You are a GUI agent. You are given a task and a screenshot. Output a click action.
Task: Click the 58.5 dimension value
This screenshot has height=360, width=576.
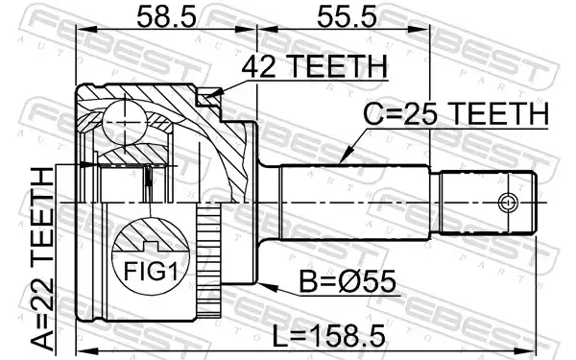(x=166, y=17)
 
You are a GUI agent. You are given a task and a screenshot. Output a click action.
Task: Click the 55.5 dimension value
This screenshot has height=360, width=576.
(x=347, y=17)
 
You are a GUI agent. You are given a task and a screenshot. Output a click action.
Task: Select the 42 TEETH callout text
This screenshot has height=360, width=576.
(x=314, y=66)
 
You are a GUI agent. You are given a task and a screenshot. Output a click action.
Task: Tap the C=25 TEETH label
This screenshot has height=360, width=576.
(x=455, y=114)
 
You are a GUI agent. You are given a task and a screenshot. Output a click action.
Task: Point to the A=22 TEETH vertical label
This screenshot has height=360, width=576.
(x=42, y=259)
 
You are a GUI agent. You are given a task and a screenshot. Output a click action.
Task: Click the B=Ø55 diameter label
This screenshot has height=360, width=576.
(x=348, y=281)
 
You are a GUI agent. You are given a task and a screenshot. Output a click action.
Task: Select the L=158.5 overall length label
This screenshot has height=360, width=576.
(x=328, y=336)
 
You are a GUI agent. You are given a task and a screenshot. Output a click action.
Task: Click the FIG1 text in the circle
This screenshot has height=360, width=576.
(x=151, y=271)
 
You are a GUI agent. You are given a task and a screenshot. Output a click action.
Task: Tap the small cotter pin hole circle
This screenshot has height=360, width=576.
(x=507, y=203)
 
